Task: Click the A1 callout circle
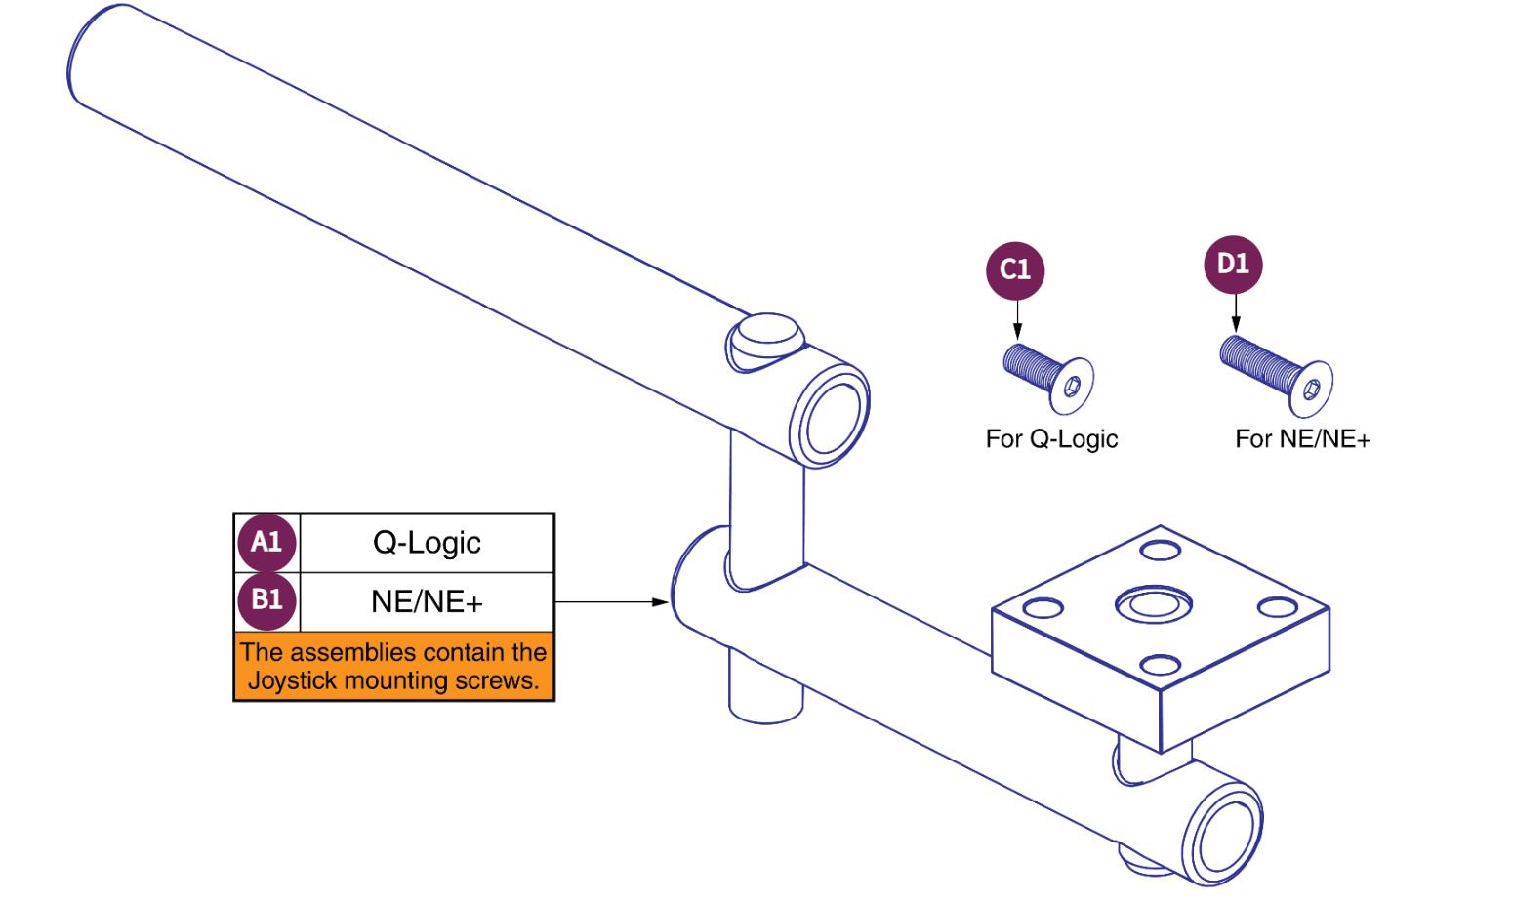(266, 543)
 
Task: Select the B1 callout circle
(266, 600)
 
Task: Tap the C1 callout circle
(1015, 270)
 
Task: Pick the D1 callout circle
(1233, 265)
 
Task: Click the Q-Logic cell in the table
(427, 543)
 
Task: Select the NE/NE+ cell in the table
(427, 601)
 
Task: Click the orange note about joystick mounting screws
(393, 666)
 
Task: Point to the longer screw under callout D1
(1274, 375)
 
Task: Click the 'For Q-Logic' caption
(1051, 439)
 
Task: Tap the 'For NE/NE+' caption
(1302, 439)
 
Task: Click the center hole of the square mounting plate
(1154, 604)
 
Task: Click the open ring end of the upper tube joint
(830, 415)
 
